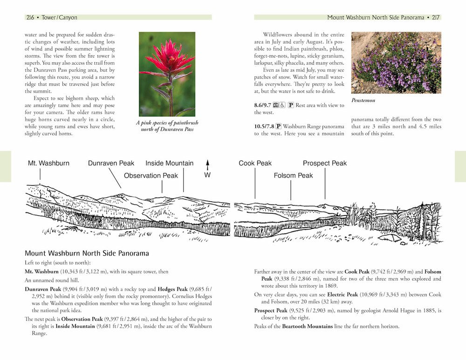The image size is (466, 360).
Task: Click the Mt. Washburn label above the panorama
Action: click(48, 163)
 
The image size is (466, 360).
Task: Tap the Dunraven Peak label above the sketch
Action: click(111, 163)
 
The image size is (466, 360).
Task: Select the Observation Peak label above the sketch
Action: click(151, 176)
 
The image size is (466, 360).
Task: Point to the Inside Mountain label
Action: click(169, 163)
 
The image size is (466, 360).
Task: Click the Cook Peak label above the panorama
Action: click(255, 163)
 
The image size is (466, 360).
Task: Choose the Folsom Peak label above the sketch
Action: click(293, 176)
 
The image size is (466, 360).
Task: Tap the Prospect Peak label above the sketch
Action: click(325, 163)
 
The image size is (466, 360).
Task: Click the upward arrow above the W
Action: click(208, 164)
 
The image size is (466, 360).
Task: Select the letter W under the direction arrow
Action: click(208, 176)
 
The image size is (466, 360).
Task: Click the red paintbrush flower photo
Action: click(167, 74)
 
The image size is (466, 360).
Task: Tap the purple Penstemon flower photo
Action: click(396, 62)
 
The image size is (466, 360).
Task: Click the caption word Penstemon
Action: click(363, 100)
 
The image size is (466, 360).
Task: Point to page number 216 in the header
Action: click(31, 17)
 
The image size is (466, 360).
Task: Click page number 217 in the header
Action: click(435, 17)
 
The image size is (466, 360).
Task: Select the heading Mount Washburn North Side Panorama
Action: click(87, 254)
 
